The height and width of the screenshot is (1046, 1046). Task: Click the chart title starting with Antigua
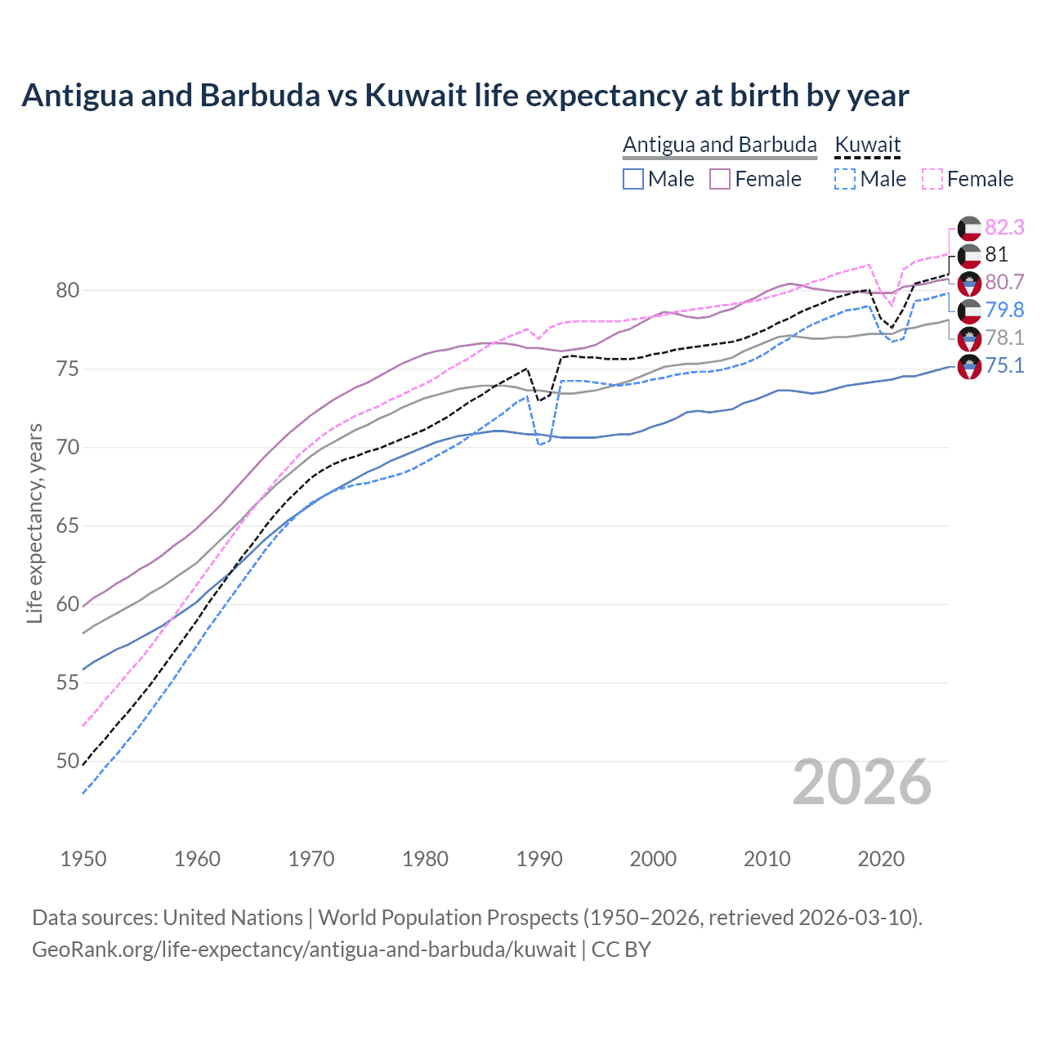(465, 96)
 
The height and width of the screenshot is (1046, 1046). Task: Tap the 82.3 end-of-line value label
(1004, 227)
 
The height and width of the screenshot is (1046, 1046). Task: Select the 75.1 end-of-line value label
(1004, 365)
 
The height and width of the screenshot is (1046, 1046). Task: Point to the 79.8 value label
(1004, 310)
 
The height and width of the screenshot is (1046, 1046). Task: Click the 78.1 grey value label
(1004, 337)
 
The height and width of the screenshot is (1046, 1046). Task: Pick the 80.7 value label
(1004, 282)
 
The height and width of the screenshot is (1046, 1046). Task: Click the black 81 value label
(996, 254)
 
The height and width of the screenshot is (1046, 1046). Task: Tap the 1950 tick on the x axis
(83, 859)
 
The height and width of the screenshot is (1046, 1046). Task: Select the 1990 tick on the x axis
(539, 859)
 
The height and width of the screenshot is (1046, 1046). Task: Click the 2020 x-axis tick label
(881, 859)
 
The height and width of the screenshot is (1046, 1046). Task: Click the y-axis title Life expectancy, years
(34, 523)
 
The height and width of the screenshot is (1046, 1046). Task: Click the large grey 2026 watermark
(862, 782)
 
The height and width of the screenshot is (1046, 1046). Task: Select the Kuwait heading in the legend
(867, 145)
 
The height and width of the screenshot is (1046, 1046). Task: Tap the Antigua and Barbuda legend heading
(719, 145)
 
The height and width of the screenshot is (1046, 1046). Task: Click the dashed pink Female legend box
(932, 179)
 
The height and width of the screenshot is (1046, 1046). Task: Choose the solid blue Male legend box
(633, 179)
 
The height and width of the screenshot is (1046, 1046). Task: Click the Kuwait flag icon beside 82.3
(969, 228)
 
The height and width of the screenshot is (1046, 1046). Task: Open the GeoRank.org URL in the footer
(304, 950)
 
